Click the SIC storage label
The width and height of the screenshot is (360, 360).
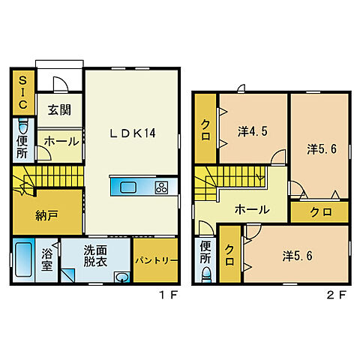click(x=22, y=92)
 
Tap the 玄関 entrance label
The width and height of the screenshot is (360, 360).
click(x=59, y=110)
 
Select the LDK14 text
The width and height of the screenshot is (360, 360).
click(x=133, y=133)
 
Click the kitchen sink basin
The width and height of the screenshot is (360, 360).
click(x=128, y=187)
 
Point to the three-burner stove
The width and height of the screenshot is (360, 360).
click(x=161, y=187)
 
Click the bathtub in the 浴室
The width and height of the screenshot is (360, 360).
click(x=23, y=259)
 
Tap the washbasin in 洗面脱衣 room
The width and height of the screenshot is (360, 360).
click(x=122, y=277)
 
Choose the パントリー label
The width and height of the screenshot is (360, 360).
click(x=156, y=261)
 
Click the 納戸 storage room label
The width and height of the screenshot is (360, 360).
click(x=47, y=215)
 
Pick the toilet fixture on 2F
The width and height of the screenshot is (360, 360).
click(x=206, y=274)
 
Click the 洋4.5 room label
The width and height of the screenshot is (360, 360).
click(x=253, y=131)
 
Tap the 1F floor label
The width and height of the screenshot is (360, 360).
click(x=169, y=295)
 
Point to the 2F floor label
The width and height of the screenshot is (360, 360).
click(x=337, y=295)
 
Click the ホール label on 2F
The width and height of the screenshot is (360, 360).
click(x=252, y=209)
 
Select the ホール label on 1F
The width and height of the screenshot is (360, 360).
click(x=61, y=142)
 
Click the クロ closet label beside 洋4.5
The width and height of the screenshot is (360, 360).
click(x=205, y=130)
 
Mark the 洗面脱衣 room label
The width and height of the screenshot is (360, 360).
click(x=95, y=256)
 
